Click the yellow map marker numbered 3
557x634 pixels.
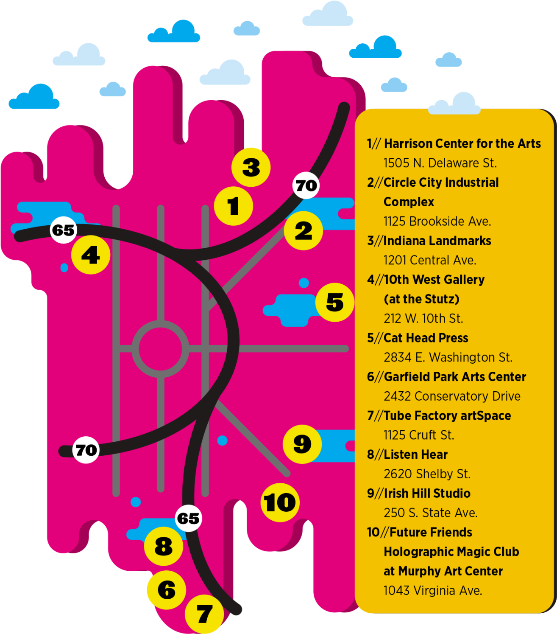pyautogui.click(x=251, y=167)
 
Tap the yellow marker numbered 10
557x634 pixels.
pyautogui.click(x=280, y=503)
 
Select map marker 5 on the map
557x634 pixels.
pyautogui.click(x=335, y=302)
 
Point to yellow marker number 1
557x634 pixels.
pyautogui.click(x=234, y=206)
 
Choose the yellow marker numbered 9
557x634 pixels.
pyautogui.click(x=302, y=444)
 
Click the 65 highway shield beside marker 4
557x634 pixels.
pyautogui.click(x=64, y=230)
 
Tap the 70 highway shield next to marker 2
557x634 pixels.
pyautogui.click(x=306, y=185)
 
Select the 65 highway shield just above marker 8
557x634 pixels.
pyautogui.click(x=188, y=518)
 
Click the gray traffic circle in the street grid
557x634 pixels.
pyautogui.click(x=160, y=349)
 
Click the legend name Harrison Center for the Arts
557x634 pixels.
pyautogui.click(x=462, y=144)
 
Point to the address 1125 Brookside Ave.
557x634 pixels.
pyautogui.click(x=437, y=221)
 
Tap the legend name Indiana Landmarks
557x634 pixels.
pyautogui.click(x=437, y=241)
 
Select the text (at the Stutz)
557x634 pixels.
pyautogui.click(x=421, y=299)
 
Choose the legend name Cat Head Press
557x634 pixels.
pyautogui.click(x=426, y=338)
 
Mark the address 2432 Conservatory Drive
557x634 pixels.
pyautogui.click(x=452, y=396)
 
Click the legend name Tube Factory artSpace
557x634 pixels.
pyautogui.click(x=447, y=415)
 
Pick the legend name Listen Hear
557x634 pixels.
pyautogui.click(x=415, y=454)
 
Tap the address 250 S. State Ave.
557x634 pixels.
pyautogui.click(x=430, y=513)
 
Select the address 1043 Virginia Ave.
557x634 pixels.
pyautogui.click(x=433, y=590)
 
